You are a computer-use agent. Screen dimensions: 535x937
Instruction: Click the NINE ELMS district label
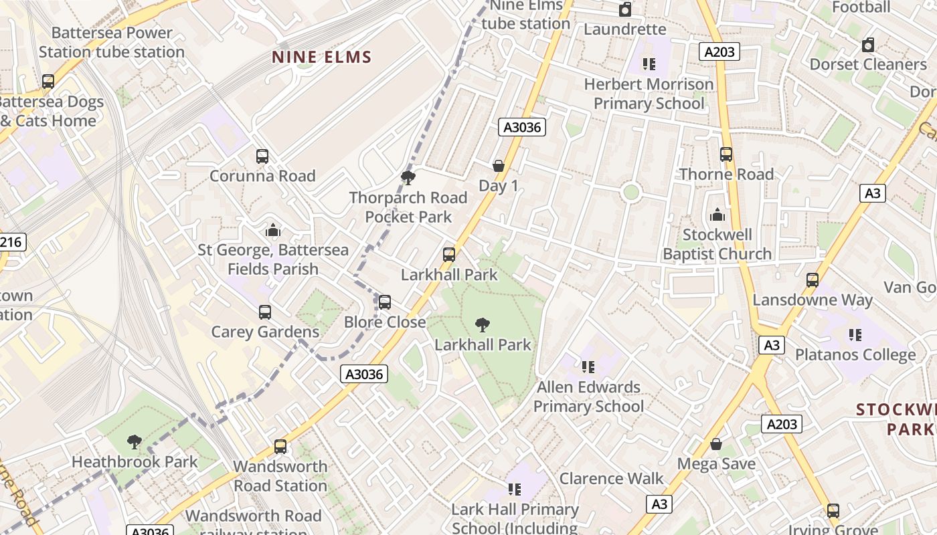[321, 58]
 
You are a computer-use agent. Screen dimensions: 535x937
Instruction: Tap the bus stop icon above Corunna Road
[262, 156]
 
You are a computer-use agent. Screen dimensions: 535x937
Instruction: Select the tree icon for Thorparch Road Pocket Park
[408, 178]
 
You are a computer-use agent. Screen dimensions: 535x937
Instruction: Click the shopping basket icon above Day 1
[498, 166]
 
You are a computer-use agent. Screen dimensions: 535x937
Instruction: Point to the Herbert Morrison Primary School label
[649, 94]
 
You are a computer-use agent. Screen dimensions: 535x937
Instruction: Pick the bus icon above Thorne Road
[726, 154]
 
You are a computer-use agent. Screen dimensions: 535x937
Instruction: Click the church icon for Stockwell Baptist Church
[717, 215]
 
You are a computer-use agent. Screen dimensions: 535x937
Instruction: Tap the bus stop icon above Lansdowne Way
[813, 280]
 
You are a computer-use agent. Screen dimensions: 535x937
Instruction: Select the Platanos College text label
[855, 354]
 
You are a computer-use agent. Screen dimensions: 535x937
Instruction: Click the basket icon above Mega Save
[716, 444]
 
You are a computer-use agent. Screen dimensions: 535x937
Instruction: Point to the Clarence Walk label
[611, 478]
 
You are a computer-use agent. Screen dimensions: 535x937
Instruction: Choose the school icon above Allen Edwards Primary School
[588, 366]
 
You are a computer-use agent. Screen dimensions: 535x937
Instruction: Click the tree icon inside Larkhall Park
[482, 325]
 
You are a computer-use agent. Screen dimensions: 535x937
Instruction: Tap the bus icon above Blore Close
[385, 302]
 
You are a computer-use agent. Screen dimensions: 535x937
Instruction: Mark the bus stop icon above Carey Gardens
[265, 312]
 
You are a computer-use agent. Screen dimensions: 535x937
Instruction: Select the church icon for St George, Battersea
[272, 230]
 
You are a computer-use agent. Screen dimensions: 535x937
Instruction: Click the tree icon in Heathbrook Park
[135, 441]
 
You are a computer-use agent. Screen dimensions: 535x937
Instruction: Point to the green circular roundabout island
[630, 193]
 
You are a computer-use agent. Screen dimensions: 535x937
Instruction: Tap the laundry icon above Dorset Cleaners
[868, 45]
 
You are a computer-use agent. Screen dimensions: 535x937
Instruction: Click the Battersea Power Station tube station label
[112, 42]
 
